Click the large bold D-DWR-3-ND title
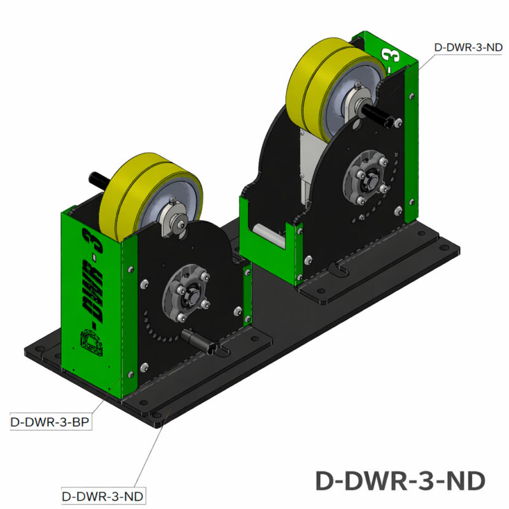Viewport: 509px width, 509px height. (401, 480)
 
